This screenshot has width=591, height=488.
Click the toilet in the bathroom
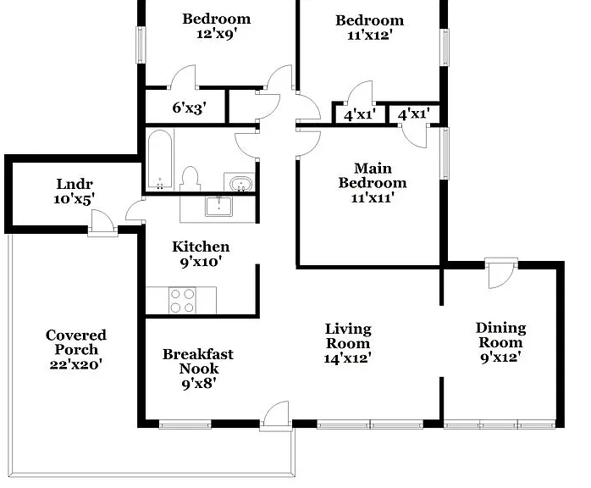pyautogui.click(x=190, y=179)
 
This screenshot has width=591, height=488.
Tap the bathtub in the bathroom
pyautogui.click(x=160, y=159)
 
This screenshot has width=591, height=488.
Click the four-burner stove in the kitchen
pyautogui.click(x=182, y=300)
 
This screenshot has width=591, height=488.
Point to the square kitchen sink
pyautogui.click(x=218, y=206)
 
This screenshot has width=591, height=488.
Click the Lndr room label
pyautogui.click(x=75, y=184)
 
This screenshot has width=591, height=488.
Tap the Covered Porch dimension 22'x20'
pyautogui.click(x=76, y=364)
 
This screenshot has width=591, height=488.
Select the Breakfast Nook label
pyautogui.click(x=198, y=361)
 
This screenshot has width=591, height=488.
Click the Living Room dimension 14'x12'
pyautogui.click(x=347, y=358)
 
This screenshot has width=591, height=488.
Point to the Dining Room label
pyautogui.click(x=501, y=335)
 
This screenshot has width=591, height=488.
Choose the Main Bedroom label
pyautogui.click(x=373, y=175)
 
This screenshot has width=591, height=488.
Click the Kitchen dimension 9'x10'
pyautogui.click(x=201, y=261)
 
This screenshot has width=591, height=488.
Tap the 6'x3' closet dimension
pyautogui.click(x=189, y=108)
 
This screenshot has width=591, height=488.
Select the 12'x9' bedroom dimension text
pyautogui.click(x=217, y=34)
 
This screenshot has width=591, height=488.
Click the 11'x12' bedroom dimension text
pyautogui.click(x=370, y=35)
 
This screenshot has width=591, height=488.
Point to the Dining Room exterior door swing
pyautogui.click(x=500, y=275)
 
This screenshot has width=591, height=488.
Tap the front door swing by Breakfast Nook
pyautogui.click(x=276, y=414)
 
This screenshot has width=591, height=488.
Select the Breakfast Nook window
pyautogui.click(x=185, y=424)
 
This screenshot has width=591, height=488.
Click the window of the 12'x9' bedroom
pyautogui.click(x=141, y=45)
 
